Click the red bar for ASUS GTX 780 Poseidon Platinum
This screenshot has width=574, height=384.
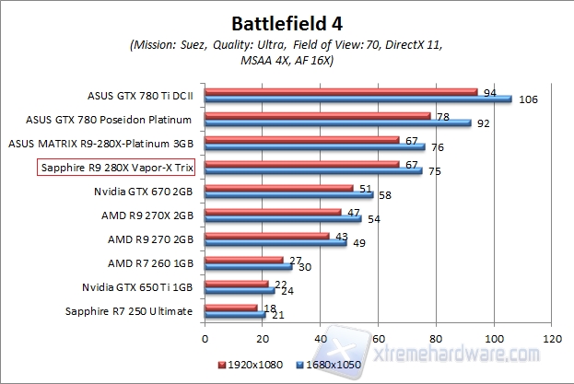317,115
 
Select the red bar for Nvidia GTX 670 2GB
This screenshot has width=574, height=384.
278,188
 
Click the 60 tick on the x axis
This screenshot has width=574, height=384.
378,338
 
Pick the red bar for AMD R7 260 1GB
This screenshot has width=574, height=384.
243,260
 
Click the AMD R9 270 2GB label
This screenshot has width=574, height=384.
150,239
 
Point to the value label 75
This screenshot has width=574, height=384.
433,170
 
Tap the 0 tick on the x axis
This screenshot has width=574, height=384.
205,338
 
